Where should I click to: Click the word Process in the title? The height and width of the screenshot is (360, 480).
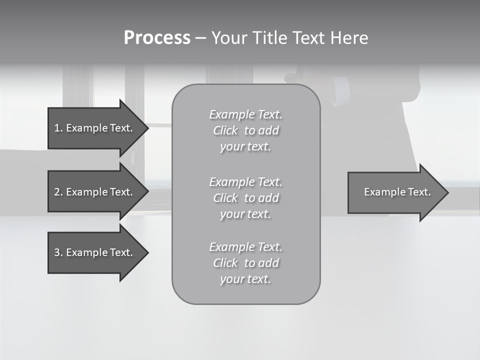coord(157,38)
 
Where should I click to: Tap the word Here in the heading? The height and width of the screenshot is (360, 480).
coord(348,38)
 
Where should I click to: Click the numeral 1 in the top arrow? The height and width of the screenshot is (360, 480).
coord(56,128)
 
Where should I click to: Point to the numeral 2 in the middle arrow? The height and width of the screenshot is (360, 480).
coord(57,192)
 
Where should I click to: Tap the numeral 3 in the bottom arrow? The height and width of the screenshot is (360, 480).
coord(57,252)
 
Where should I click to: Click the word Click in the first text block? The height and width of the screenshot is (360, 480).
coord(225,130)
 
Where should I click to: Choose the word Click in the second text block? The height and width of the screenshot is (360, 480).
coord(225,198)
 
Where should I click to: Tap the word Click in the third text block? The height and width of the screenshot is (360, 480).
coord(225,263)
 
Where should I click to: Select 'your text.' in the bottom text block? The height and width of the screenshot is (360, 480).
coord(245,279)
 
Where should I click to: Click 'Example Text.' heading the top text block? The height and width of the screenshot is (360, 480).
coord(245,114)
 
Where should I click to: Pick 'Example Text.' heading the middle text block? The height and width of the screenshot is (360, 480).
coord(245,181)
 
